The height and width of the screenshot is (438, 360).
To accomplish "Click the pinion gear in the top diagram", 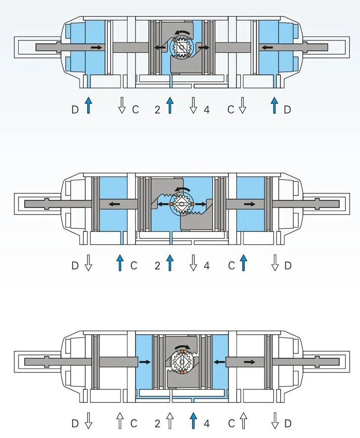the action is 181,48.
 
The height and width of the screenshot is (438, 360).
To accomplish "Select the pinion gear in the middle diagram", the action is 181,204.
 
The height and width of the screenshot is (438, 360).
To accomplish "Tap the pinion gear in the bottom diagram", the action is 181,362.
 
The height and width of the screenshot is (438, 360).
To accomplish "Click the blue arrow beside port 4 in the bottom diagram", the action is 193,420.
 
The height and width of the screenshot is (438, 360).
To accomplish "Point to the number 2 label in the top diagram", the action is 158,110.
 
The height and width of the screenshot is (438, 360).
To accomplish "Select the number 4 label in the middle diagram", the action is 207,265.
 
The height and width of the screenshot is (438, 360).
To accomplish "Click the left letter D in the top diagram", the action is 75,110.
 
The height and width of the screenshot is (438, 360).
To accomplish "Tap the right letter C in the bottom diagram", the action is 231,424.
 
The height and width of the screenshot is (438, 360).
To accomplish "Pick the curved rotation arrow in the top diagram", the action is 183,34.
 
